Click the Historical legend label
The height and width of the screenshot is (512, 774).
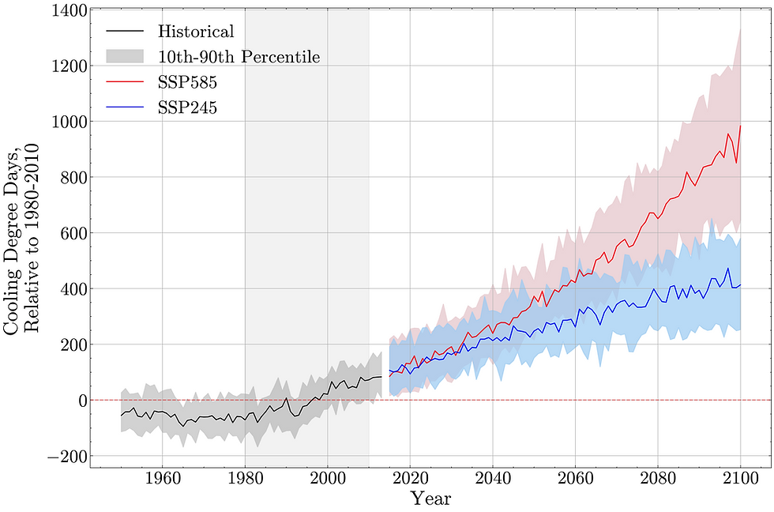(x=196, y=32)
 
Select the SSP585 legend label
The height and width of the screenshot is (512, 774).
(x=188, y=81)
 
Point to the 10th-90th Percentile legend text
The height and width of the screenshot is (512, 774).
(x=239, y=57)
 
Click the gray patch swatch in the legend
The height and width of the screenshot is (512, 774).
(x=124, y=56)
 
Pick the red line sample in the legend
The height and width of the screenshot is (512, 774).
(x=124, y=81)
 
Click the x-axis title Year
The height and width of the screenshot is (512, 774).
(x=430, y=499)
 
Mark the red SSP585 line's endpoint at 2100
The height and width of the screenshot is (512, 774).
(x=741, y=126)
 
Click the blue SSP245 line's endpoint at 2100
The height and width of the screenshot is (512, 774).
(x=741, y=284)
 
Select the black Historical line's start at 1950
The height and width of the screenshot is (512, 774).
(x=121, y=416)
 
